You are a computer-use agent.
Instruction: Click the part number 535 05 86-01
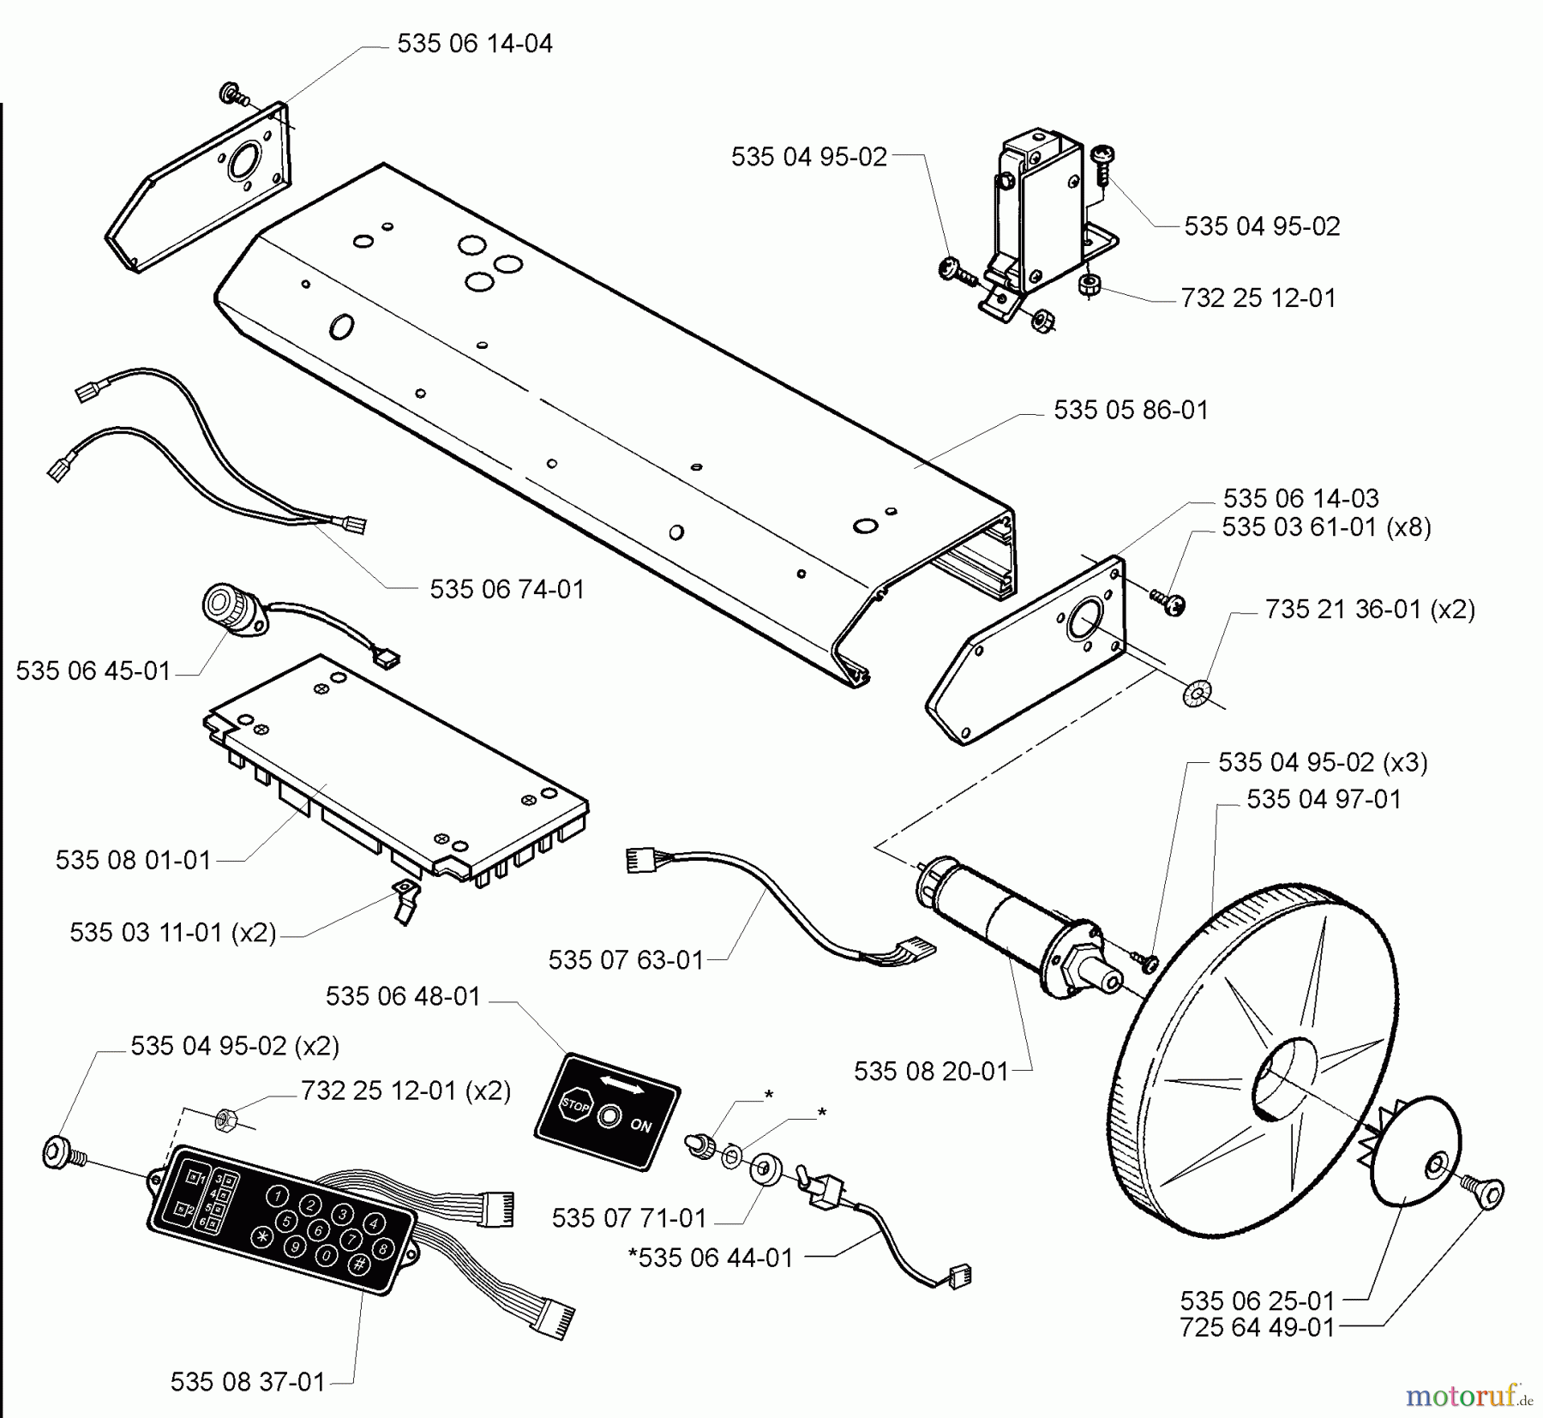pyautogui.click(x=1131, y=411)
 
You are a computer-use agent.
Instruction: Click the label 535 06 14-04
pyautogui.click(x=475, y=44)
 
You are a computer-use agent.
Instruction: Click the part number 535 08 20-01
pyautogui.click(x=931, y=1072)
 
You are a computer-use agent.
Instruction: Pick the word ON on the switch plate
pyautogui.click(x=640, y=1126)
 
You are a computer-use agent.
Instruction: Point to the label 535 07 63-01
pyautogui.click(x=626, y=960)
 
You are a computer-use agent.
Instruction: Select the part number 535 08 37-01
pyautogui.click(x=248, y=1382)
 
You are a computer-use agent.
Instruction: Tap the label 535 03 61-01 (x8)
pyautogui.click(x=1326, y=526)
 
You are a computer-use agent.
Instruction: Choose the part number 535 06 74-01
pyautogui.click(x=507, y=590)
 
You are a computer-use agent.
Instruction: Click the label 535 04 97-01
pyautogui.click(x=1324, y=799)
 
